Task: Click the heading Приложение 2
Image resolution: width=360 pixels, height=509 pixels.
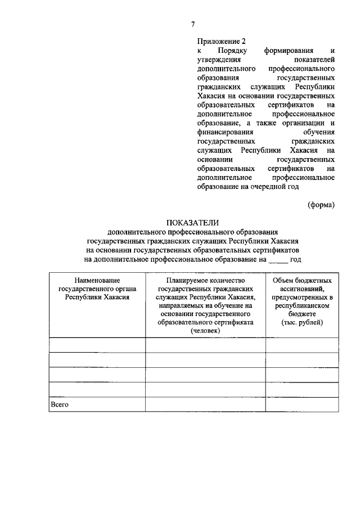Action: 222,41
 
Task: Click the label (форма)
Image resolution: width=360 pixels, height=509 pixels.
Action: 321,205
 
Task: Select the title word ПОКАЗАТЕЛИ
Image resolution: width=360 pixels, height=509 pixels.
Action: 192,223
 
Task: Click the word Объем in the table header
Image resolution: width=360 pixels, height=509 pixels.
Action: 285,280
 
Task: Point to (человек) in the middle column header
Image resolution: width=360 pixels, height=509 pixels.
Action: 205,331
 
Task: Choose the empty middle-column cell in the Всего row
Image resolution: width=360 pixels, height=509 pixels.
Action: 205,404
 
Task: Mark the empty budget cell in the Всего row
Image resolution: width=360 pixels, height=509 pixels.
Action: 301,404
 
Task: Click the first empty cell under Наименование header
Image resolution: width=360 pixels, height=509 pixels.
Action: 97,345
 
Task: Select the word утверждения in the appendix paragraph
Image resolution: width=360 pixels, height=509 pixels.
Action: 219,59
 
